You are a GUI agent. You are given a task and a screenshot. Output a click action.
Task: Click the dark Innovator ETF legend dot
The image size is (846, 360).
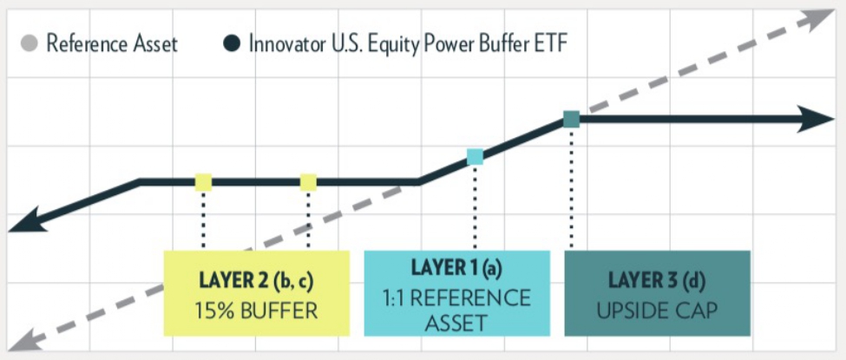(x=231, y=43)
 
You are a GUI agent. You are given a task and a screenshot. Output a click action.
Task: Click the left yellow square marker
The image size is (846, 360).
(x=203, y=182)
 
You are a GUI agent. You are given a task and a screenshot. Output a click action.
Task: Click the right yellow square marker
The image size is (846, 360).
(x=308, y=182)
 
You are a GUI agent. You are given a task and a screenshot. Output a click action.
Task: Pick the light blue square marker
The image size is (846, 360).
(x=475, y=156)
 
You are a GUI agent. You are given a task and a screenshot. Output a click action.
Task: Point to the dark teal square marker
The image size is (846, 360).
(x=571, y=119)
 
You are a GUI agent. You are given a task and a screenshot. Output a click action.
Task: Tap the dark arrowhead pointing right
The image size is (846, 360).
(x=815, y=119)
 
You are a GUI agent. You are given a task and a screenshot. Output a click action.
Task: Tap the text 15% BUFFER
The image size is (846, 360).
(x=256, y=311)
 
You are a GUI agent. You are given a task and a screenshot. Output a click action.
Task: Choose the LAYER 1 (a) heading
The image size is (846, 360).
(x=457, y=268)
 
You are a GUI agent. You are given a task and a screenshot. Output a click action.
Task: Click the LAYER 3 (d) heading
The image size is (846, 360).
(x=657, y=281)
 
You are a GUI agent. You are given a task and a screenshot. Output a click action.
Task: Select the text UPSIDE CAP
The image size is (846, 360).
(x=657, y=310)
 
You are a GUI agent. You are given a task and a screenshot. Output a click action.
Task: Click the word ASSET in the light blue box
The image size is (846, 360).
(x=457, y=324)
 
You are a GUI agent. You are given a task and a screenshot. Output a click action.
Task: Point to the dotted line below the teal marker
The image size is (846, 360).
(x=571, y=187)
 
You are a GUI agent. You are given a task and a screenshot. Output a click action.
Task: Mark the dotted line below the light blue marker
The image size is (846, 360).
(x=475, y=207)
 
